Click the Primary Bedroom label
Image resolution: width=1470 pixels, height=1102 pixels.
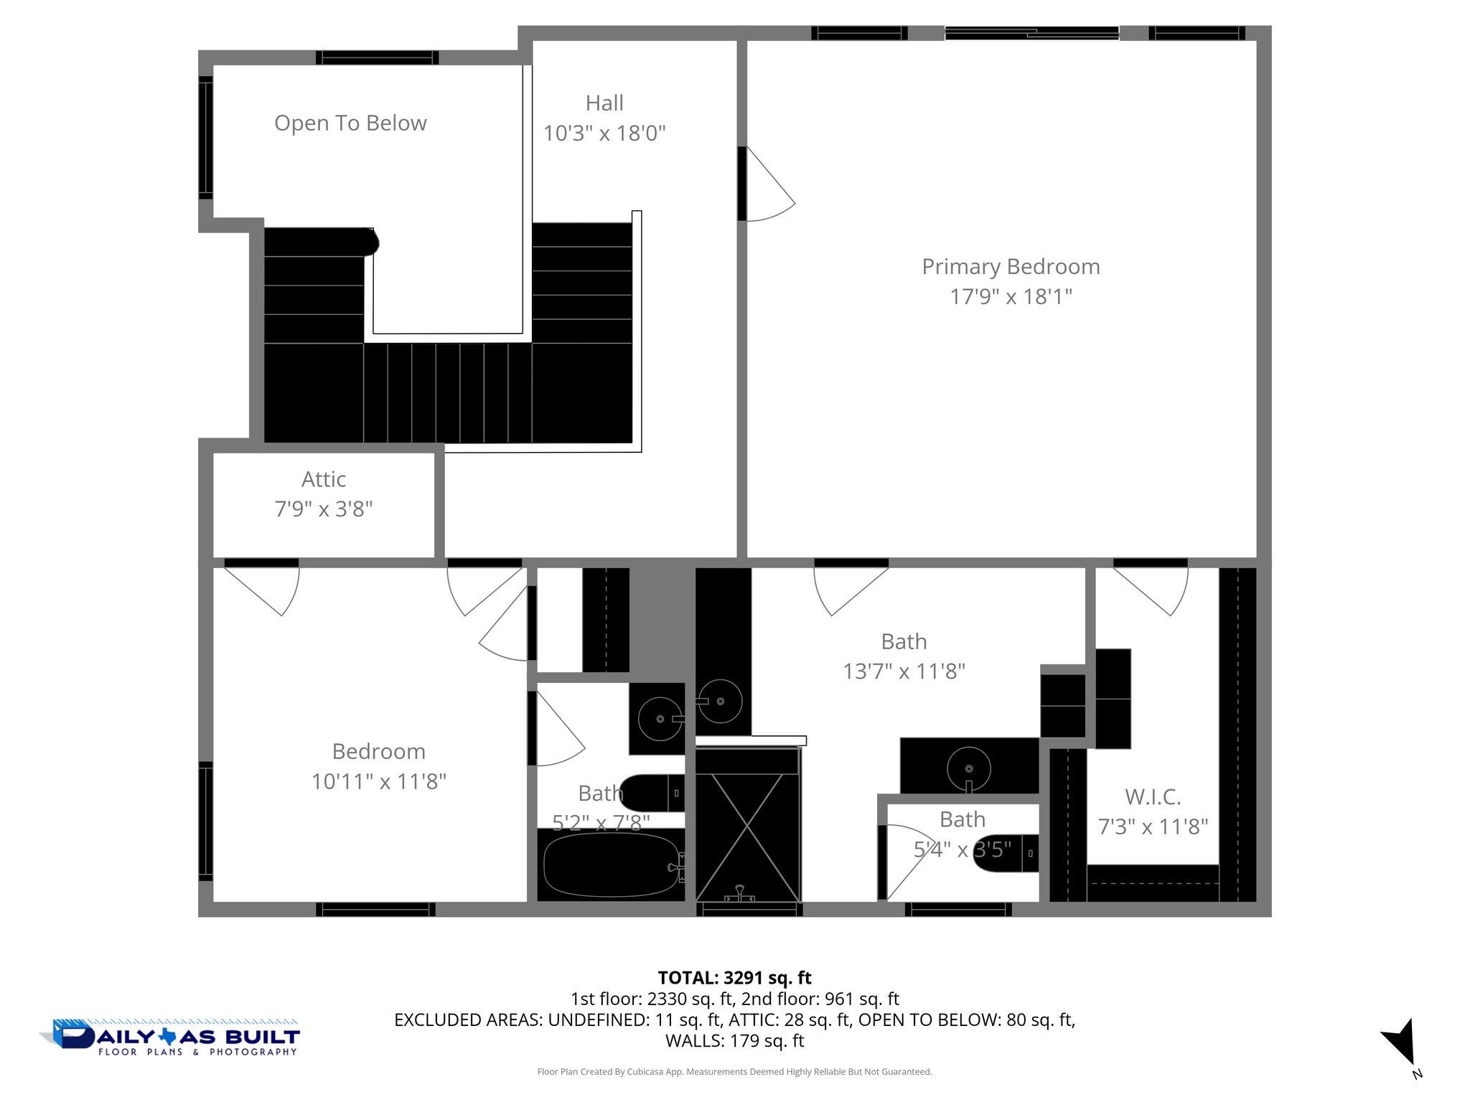(1011, 267)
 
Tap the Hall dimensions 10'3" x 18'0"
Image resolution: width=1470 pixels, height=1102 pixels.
(604, 133)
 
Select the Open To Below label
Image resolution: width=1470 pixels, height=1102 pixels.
(350, 123)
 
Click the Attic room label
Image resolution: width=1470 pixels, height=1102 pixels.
(324, 479)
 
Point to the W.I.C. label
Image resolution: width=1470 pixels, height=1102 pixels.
(1153, 797)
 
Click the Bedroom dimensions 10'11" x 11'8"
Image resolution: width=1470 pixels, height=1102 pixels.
(379, 781)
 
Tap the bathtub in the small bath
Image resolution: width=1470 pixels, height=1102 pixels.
(610, 865)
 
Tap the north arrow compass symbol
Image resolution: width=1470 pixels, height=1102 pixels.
(1400, 1042)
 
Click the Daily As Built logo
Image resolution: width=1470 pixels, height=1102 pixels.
(170, 1038)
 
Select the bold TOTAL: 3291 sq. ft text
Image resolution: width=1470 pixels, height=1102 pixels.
(734, 978)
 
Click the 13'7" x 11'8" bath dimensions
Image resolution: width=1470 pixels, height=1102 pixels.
(904, 672)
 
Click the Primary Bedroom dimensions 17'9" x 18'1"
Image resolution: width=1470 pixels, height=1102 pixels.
(1011, 297)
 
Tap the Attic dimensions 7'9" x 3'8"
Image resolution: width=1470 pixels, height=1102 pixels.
(324, 509)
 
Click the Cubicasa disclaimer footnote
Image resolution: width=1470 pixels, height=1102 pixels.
(734, 1072)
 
